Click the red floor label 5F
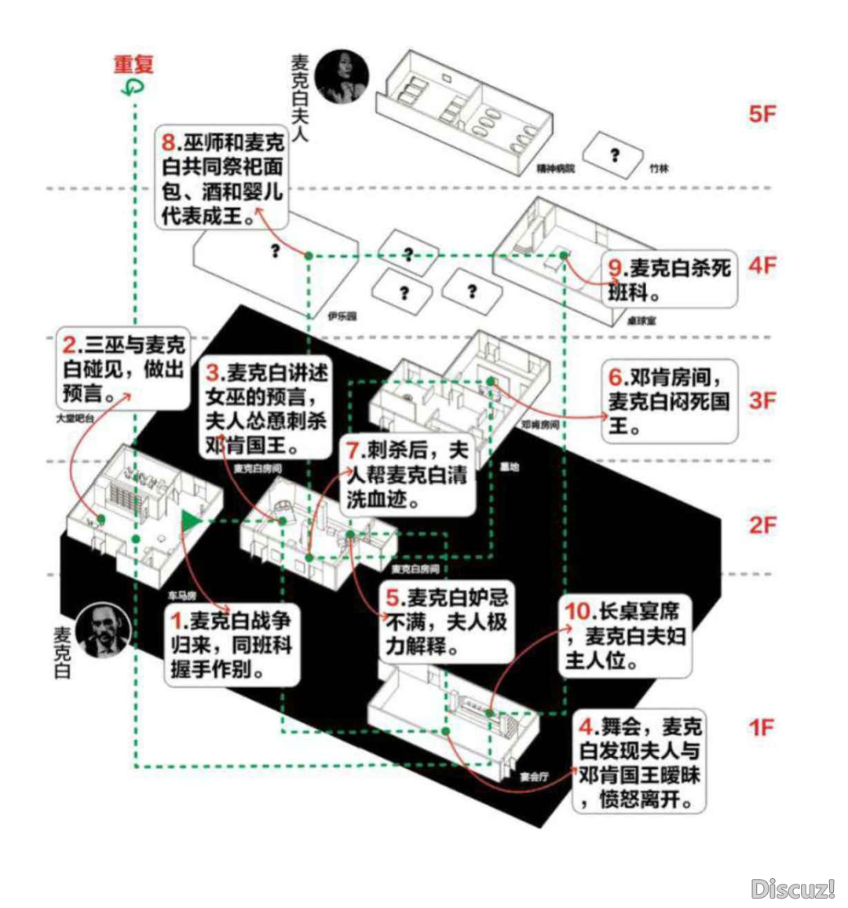(762, 115)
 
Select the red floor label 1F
(762, 727)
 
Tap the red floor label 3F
(762, 401)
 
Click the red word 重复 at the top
(133, 64)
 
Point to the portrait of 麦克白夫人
(342, 77)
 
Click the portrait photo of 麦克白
(103, 630)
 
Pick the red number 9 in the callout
(615, 269)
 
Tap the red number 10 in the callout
(577, 611)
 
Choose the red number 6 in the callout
(616, 377)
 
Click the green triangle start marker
(190, 520)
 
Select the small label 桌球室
(642, 320)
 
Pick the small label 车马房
(182, 595)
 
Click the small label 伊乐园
(342, 317)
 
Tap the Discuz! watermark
(792, 888)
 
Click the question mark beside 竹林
(615, 155)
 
